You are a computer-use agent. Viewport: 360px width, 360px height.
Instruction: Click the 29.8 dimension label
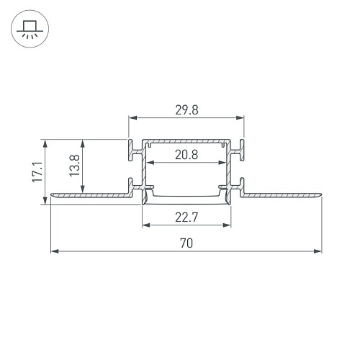[x=186, y=110]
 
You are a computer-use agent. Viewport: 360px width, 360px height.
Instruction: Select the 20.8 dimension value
[x=186, y=155]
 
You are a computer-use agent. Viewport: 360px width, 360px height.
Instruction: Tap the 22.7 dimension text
[x=186, y=217]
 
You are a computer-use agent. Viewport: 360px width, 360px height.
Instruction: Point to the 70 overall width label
[x=186, y=243]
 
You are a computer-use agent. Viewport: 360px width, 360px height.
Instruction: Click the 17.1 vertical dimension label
[x=37, y=172]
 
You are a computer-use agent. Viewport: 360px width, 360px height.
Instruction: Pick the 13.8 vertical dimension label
[x=75, y=166]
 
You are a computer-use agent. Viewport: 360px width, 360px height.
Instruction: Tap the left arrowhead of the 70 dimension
[x=55, y=251]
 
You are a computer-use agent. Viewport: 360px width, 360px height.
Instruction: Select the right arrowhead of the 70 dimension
[x=318, y=251]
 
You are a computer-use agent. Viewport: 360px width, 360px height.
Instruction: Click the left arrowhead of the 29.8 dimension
[x=132, y=117]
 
